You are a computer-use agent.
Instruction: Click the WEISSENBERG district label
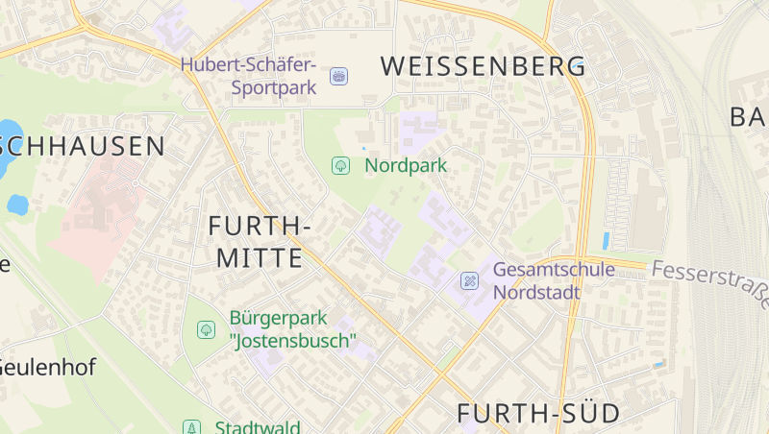[x=483, y=66]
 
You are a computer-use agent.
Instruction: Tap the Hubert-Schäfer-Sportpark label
[x=248, y=76]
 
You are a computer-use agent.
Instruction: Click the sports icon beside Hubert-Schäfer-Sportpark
[x=338, y=75]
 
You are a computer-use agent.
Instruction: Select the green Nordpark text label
[x=406, y=165]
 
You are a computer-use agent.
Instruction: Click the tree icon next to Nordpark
[x=339, y=165]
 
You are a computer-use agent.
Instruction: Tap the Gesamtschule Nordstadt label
[x=554, y=280]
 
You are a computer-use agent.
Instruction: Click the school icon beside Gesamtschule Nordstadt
[x=469, y=280]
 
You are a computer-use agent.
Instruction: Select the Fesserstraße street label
[x=710, y=281]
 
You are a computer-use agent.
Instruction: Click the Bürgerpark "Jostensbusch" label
[x=292, y=328]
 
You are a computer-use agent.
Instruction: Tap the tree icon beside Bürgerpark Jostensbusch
[x=206, y=329]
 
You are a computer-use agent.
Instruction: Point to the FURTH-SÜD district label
[x=537, y=413]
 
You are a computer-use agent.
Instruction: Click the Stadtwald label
[x=257, y=427]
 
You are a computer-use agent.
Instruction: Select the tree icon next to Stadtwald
[x=192, y=427]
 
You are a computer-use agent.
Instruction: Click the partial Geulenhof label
[x=37, y=366]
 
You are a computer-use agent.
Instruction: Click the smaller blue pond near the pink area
[x=17, y=204]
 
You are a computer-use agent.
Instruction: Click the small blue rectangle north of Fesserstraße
[x=606, y=240]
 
